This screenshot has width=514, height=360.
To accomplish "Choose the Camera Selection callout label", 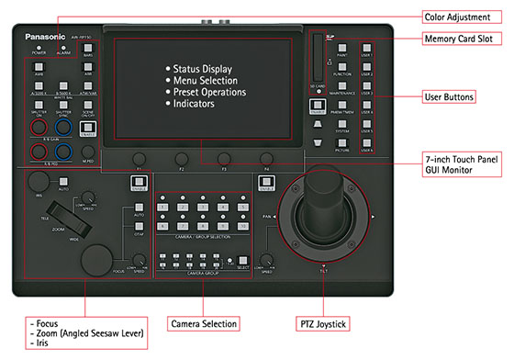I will point(204,323).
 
